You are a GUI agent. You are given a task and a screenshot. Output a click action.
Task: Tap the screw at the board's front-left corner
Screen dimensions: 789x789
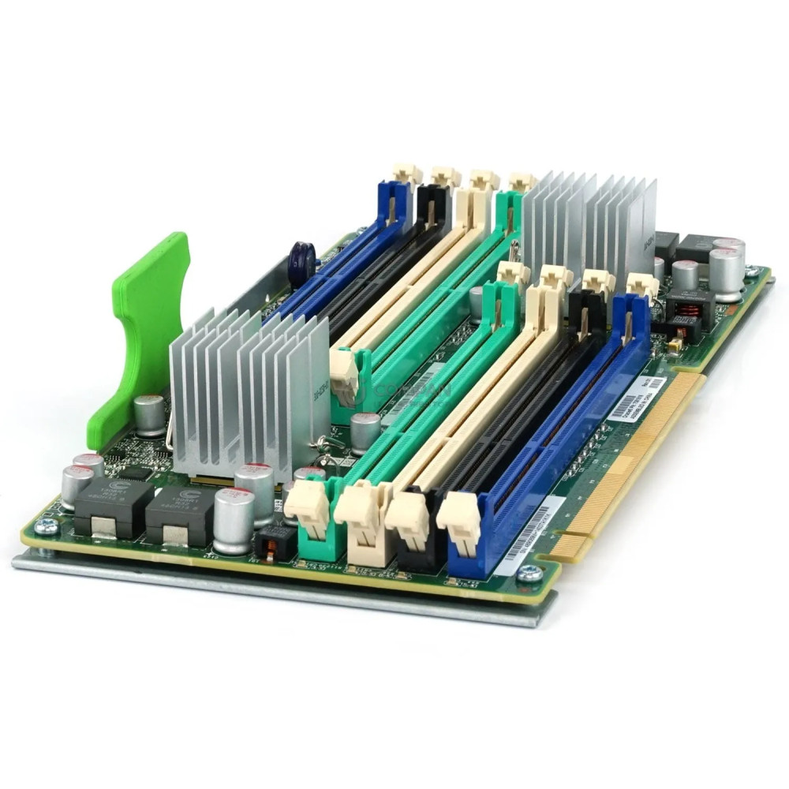[x=47, y=528]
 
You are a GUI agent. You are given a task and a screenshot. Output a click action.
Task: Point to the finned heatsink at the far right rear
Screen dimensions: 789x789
[x=592, y=221]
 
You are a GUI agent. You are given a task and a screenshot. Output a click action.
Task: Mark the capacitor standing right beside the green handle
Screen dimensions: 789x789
[x=148, y=414]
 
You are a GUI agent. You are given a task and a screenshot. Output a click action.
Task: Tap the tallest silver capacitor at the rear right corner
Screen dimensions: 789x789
[x=726, y=268]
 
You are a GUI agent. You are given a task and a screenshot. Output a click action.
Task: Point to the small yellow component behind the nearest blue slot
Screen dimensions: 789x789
[x=675, y=344]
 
